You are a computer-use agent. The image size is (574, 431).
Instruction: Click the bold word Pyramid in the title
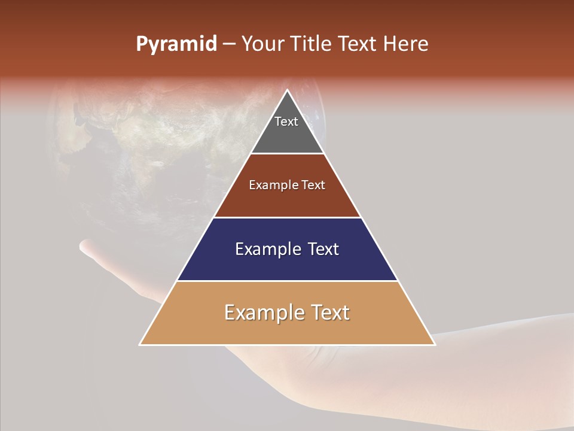[176, 44]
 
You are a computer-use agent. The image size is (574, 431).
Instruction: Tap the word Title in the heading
[311, 44]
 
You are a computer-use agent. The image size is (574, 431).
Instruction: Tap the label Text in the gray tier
[286, 122]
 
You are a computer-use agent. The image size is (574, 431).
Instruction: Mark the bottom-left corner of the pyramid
[140, 345]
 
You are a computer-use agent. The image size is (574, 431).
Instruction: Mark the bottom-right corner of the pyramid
[435, 345]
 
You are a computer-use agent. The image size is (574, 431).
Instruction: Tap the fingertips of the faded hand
[87, 245]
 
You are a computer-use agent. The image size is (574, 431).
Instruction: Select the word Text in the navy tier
[320, 249]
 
